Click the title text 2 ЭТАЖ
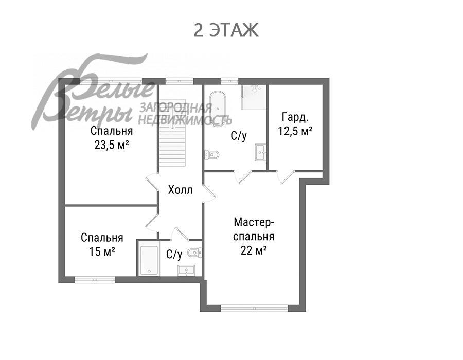(x=226, y=30)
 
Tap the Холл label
(x=180, y=190)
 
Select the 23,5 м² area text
(x=112, y=145)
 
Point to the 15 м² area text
(x=102, y=251)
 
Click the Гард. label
(x=295, y=117)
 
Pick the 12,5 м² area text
(x=295, y=131)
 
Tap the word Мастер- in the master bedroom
(x=254, y=222)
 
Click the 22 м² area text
(x=254, y=250)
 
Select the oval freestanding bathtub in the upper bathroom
(x=218, y=109)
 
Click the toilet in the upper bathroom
(x=212, y=154)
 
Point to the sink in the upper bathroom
(x=260, y=153)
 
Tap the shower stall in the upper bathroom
(x=254, y=97)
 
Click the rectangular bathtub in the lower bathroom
(x=149, y=260)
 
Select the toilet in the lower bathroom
(x=195, y=253)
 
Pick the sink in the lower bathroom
(x=186, y=271)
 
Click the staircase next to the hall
(x=172, y=133)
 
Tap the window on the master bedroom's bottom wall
(x=254, y=309)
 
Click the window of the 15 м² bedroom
(x=95, y=279)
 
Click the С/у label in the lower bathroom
(x=174, y=254)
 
